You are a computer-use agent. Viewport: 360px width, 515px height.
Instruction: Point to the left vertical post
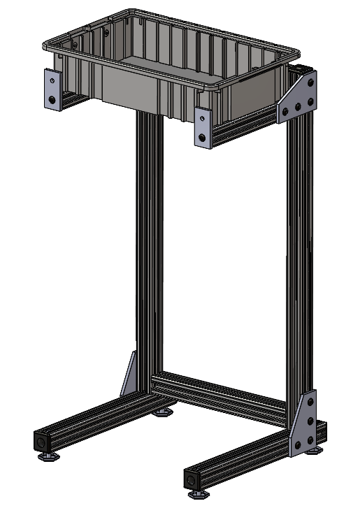coord(149,245)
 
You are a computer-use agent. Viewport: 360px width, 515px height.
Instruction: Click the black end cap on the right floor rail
coord(192,480)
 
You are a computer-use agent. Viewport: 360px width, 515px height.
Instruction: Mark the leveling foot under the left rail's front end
coord(48,458)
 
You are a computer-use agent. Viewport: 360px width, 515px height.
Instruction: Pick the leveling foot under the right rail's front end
coord(198,493)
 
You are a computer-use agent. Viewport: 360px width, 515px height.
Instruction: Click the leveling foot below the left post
coord(164,413)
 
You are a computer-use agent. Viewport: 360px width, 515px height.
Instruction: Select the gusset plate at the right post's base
coord(303,426)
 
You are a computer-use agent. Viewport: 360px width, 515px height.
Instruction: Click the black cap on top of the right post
coord(299,69)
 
